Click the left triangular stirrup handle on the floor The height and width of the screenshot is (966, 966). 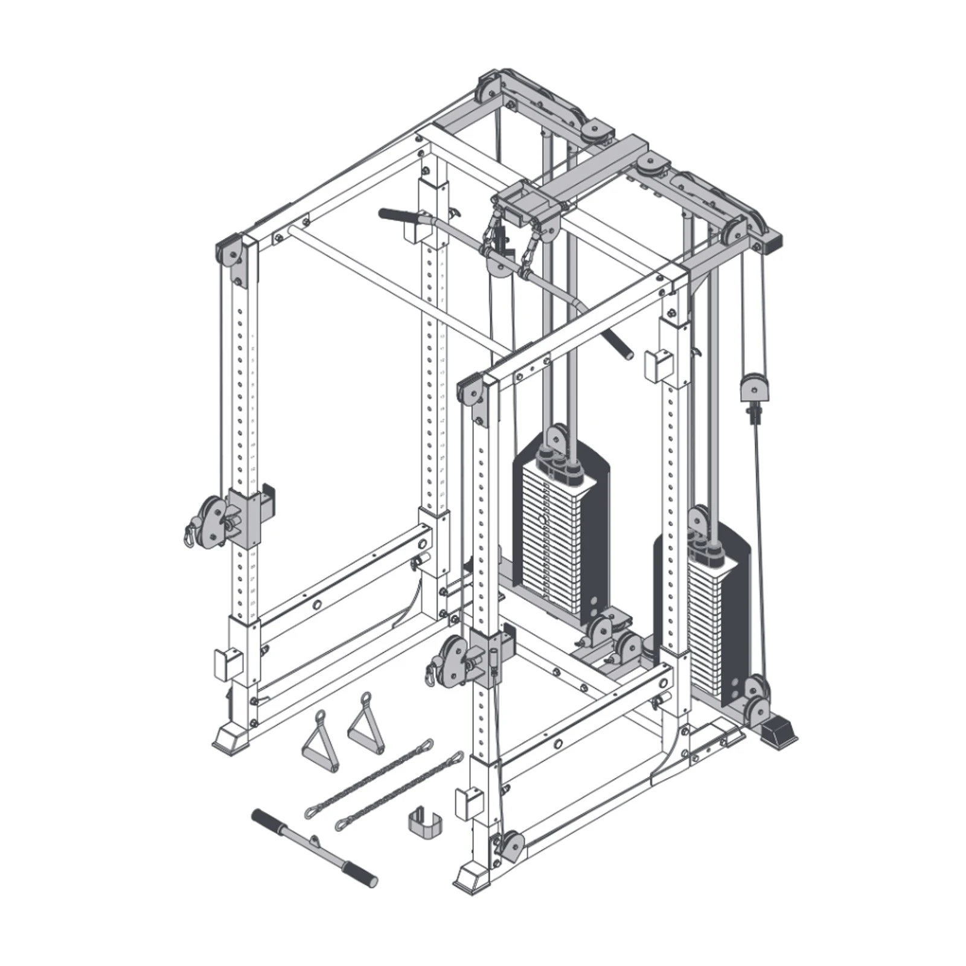point(319,743)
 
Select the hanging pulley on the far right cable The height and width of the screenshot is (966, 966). point(755,386)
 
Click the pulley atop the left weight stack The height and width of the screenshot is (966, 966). point(557,440)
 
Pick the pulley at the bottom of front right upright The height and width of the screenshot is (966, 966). point(511,845)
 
